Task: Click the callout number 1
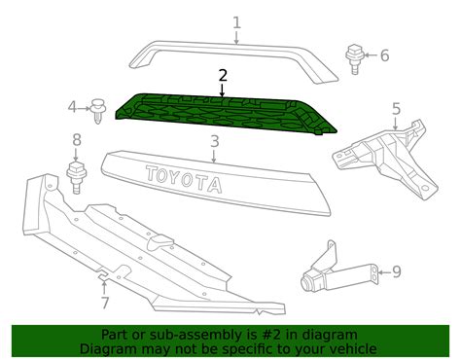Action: (235, 20)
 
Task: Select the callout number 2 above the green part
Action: (223, 75)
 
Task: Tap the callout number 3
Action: (214, 141)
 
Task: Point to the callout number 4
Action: (72, 107)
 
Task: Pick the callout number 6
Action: (383, 55)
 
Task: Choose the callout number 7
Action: (104, 304)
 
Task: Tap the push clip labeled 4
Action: (97, 111)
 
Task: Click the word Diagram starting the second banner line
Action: (109, 348)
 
